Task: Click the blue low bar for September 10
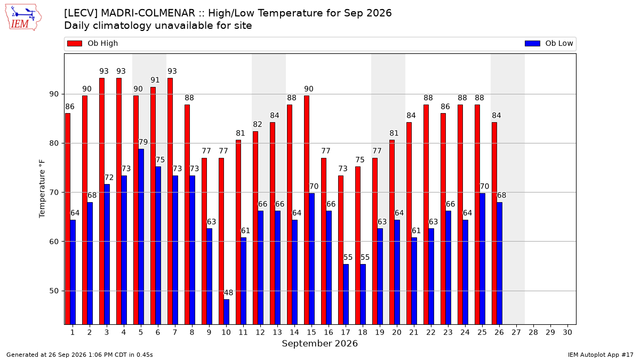[226, 311]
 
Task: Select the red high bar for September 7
[170, 201]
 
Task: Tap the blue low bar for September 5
[141, 237]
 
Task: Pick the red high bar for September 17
[341, 250]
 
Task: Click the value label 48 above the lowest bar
[228, 293]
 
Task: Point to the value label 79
[143, 142]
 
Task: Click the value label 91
[155, 80]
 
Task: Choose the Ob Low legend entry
[549, 43]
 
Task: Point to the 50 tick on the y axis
[54, 291]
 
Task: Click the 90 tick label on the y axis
[54, 94]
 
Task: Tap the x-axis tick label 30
[567, 332]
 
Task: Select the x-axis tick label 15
[311, 332]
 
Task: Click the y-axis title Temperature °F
[42, 189]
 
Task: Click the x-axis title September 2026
[319, 343]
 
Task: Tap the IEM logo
[23, 18]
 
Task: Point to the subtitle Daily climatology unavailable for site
[158, 26]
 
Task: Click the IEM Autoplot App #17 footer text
[601, 355]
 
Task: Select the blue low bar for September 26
[499, 263]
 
